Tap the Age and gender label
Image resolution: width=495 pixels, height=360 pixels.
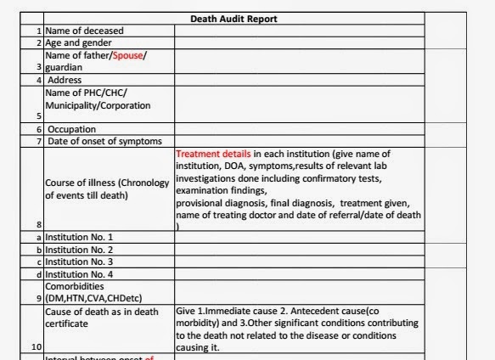[x=78, y=42]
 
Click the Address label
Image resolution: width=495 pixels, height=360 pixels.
[x=65, y=80]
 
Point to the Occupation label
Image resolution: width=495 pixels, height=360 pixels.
[x=71, y=129]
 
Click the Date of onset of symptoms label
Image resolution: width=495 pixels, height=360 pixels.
[x=98, y=141]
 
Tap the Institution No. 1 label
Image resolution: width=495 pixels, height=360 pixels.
[x=79, y=238]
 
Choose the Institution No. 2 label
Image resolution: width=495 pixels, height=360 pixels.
[x=79, y=250]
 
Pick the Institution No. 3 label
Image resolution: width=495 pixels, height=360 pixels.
[x=79, y=262]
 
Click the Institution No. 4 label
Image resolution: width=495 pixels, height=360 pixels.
[x=79, y=274]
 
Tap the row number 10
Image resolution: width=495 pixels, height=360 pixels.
[x=36, y=346]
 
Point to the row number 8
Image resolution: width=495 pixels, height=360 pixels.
[x=38, y=225]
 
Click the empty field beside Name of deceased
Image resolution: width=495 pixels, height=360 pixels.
[x=299, y=31]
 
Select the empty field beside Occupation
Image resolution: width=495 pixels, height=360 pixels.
[x=299, y=129]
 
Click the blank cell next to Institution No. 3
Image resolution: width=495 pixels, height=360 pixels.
[x=299, y=262]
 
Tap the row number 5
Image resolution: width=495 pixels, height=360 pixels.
[x=39, y=116]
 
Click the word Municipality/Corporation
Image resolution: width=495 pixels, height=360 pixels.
[x=97, y=105]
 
